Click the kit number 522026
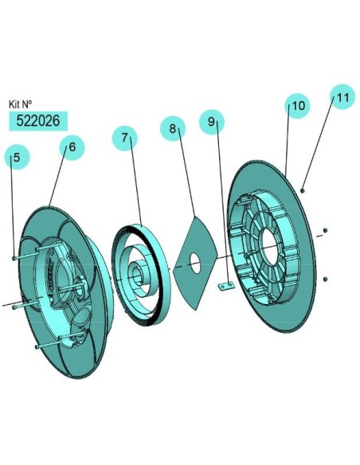point(38,121)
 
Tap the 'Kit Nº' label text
point(20,104)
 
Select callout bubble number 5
point(17,157)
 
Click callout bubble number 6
point(72,147)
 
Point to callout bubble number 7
point(124,139)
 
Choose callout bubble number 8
point(173,128)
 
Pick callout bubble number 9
point(211,122)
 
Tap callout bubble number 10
point(297,106)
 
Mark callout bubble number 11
point(342,96)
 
